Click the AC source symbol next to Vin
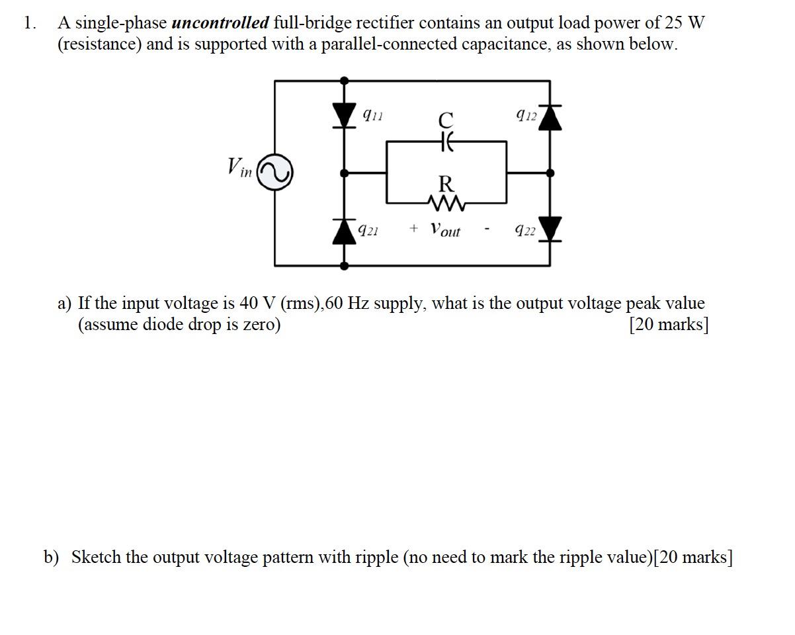(x=274, y=173)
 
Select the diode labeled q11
(x=344, y=114)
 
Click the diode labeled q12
(x=550, y=116)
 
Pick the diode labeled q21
(x=344, y=231)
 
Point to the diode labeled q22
(x=550, y=229)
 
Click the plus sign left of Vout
(x=413, y=228)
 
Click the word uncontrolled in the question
(x=220, y=23)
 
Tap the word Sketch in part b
(x=96, y=557)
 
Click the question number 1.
(x=28, y=23)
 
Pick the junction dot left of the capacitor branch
(x=344, y=173)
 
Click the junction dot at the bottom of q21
(x=344, y=265)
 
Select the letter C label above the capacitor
(x=446, y=120)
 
